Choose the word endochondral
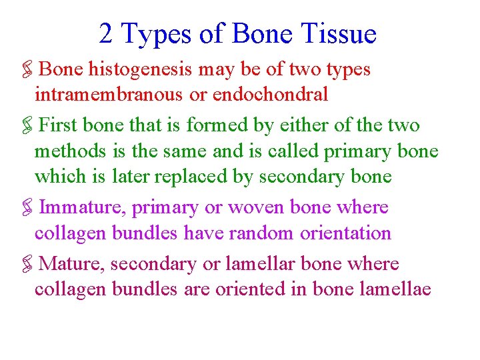coord(270,95)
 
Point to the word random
coord(261,233)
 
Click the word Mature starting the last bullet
coord(71,264)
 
